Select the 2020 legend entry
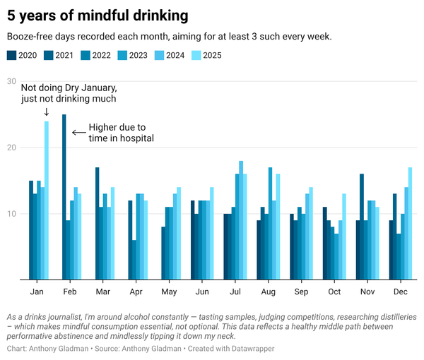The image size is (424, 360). point(22,55)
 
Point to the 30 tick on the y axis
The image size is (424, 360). point(11,81)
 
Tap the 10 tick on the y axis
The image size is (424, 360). point(11,214)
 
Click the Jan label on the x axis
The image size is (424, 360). point(39,292)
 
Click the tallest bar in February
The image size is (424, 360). point(64,197)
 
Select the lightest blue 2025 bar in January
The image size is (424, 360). point(47,200)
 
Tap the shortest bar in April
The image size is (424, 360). point(134,260)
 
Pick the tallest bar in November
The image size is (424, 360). point(362,227)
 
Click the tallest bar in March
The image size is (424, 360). point(97,223)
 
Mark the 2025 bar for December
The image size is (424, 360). point(411,223)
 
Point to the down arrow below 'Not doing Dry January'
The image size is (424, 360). point(46,112)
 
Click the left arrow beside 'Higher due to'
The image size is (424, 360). point(78,132)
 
